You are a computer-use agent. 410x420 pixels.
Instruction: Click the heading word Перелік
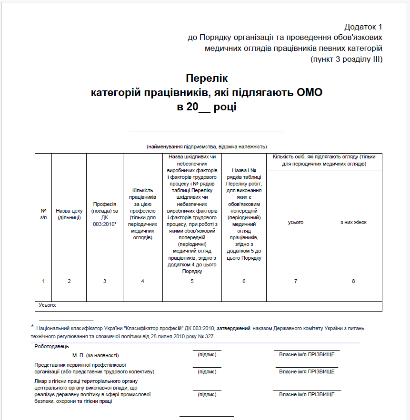[x=207, y=78]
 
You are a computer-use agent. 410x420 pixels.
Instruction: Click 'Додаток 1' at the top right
[x=363, y=27]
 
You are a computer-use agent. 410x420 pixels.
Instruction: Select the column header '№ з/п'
[x=43, y=214]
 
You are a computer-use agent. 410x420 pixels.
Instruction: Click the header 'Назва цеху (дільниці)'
[x=69, y=214]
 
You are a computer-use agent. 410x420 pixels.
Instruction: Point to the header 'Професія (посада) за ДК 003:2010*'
[x=105, y=214]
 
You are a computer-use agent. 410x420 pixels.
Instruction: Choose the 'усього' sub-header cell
[x=295, y=222]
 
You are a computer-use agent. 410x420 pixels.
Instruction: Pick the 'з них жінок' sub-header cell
[x=353, y=222]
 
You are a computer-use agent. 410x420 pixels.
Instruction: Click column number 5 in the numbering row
[x=192, y=282]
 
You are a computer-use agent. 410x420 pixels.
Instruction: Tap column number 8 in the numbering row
[x=353, y=282]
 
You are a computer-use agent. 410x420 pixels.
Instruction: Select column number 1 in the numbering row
[x=43, y=282]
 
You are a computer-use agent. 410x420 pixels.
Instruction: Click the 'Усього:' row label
[x=47, y=305]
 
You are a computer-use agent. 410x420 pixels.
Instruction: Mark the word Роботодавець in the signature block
[x=51, y=346]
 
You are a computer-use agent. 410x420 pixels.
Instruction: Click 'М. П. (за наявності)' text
[x=95, y=355]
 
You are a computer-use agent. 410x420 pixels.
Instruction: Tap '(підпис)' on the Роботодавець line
[x=207, y=354]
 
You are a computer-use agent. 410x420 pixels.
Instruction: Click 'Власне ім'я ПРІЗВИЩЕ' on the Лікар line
[x=307, y=394]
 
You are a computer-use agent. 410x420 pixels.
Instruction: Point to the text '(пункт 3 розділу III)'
[x=346, y=59]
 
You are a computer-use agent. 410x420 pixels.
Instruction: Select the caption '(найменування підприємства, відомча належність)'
[x=207, y=147]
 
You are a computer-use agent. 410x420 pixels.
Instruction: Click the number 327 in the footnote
[x=209, y=336]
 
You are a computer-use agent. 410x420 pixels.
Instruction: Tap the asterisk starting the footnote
[x=32, y=327]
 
